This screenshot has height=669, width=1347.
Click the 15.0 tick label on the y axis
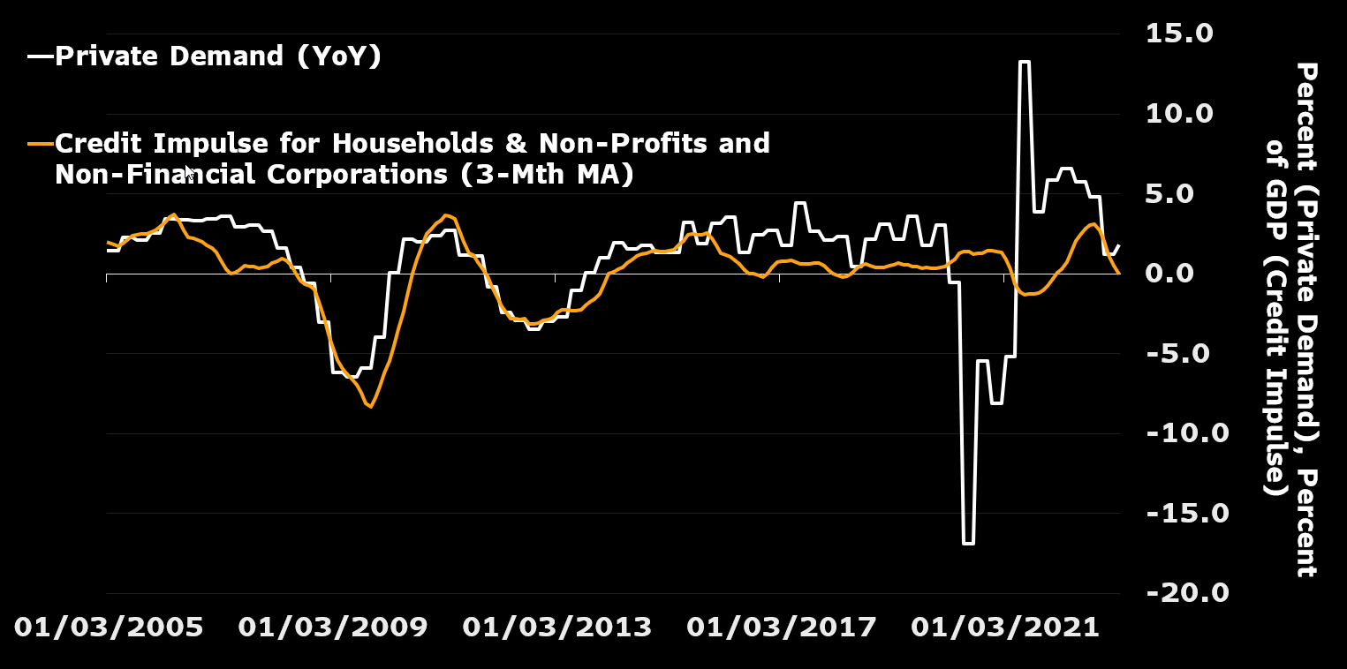[x=1188, y=34]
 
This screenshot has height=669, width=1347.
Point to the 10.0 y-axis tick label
[x=1188, y=114]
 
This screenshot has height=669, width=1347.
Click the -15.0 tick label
[x=1187, y=513]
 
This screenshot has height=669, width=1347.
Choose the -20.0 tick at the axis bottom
[x=1187, y=592]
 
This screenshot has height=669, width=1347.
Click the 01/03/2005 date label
[x=109, y=628]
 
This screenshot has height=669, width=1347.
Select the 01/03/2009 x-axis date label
[x=333, y=628]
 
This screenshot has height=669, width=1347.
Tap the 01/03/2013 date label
[x=557, y=628]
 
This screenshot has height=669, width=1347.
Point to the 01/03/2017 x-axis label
[x=782, y=628]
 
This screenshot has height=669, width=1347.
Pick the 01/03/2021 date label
[x=1006, y=628]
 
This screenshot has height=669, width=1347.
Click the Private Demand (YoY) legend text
[x=217, y=56]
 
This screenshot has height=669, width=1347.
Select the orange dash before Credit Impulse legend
[x=40, y=143]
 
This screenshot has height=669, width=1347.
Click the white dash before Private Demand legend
[x=40, y=56]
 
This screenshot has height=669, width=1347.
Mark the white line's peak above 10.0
[x=1024, y=62]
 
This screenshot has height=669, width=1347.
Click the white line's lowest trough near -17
[x=968, y=543]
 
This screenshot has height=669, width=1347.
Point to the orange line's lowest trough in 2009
[x=370, y=407]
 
